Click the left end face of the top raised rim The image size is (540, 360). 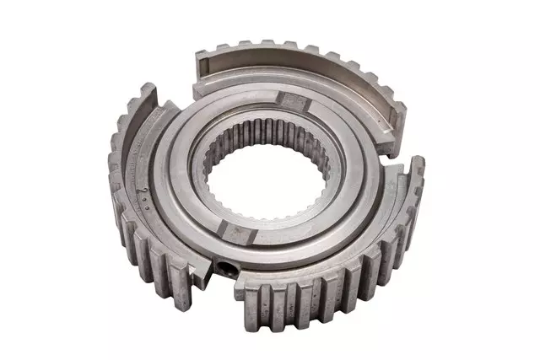coord(201,71)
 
